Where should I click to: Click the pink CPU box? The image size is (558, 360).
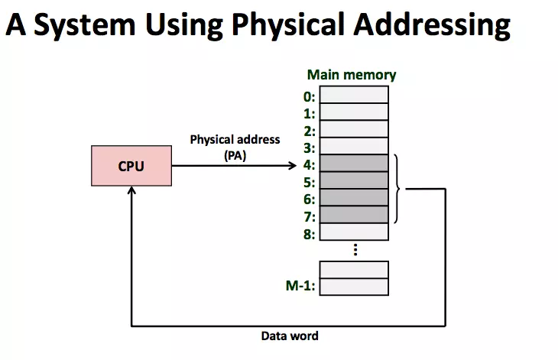(131, 166)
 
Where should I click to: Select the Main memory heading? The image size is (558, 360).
(352, 75)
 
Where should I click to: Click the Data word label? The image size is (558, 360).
(290, 336)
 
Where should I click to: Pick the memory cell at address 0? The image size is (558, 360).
(354, 95)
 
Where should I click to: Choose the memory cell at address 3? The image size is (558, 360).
(354, 146)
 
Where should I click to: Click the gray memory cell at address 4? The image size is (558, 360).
(354, 164)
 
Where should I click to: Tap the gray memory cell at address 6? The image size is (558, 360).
(354, 198)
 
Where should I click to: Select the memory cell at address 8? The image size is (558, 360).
(354, 232)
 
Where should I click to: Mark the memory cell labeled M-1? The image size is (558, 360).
(354, 287)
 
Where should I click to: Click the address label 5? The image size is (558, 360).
(310, 182)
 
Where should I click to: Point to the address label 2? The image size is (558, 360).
(310, 131)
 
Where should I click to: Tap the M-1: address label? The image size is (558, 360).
(301, 287)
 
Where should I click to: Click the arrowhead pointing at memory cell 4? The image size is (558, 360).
(293, 166)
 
